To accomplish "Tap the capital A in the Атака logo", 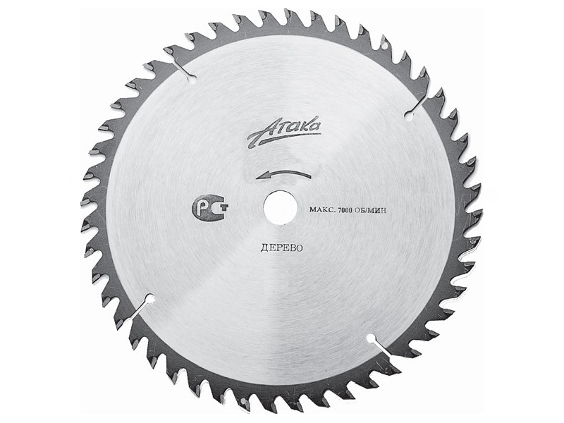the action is [259, 134].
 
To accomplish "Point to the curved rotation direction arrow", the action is [284, 174].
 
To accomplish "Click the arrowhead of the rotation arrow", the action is [262, 176].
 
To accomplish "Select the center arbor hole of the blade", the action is [280, 208].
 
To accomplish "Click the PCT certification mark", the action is [210, 208].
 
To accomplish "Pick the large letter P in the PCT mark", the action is [204, 208].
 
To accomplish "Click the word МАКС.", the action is [321, 210].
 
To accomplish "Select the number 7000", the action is [343, 210].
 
